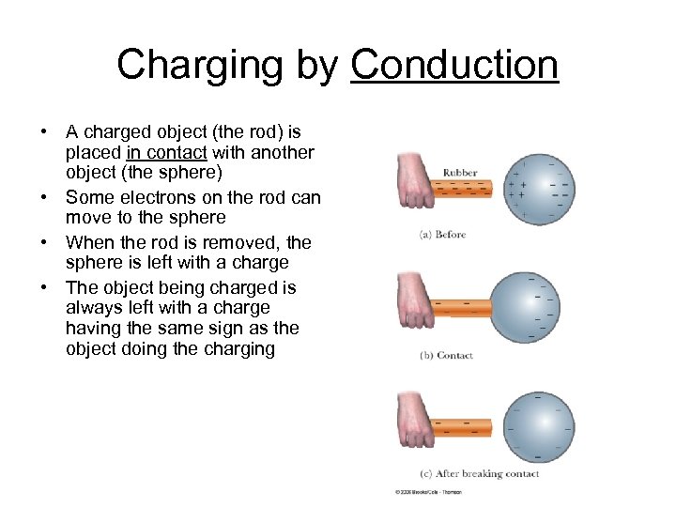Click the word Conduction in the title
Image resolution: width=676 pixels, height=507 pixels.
click(x=454, y=65)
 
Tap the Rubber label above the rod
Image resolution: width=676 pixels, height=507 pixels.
click(x=460, y=173)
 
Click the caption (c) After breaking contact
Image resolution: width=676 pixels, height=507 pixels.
click(x=480, y=474)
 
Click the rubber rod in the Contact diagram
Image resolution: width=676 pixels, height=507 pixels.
click(x=467, y=307)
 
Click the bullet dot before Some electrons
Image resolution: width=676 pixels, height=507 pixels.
click(x=44, y=197)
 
